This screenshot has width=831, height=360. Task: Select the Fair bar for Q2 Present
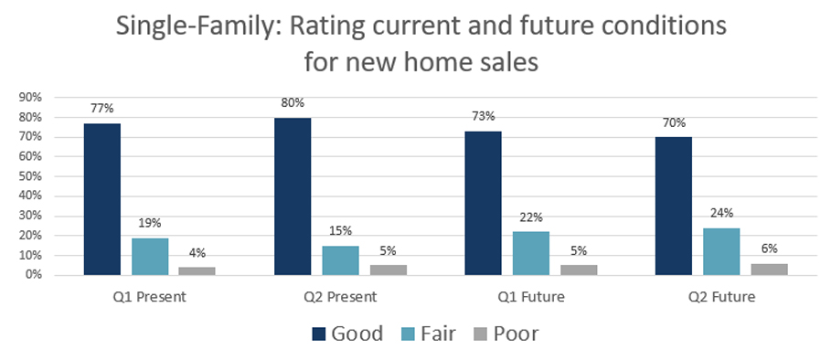[x=340, y=260]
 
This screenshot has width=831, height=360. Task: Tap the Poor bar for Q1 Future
[x=579, y=270]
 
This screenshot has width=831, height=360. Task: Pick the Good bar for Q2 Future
[x=674, y=206]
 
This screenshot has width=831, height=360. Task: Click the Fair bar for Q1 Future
[x=531, y=253]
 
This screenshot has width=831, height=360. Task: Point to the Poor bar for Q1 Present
[x=197, y=270]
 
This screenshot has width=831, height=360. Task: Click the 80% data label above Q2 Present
[x=293, y=101]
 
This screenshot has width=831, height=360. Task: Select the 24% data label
[x=721, y=213]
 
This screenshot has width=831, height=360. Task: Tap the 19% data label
[x=149, y=222]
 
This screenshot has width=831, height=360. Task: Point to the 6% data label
[x=769, y=249]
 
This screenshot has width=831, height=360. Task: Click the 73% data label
[x=484, y=116]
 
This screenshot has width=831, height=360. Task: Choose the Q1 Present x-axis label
[x=149, y=297]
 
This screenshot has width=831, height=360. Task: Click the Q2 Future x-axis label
[x=721, y=297]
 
